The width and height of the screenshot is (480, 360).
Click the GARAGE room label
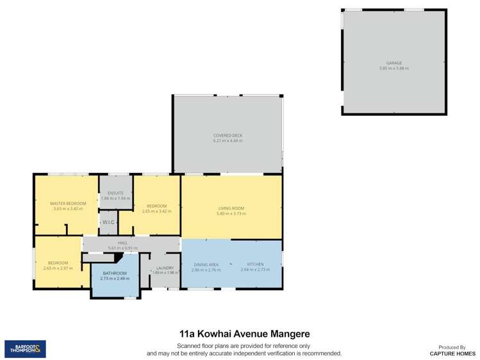393,63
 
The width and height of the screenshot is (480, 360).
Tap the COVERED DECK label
228,135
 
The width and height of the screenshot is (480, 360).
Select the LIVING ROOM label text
231,208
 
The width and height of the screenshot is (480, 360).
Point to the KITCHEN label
255,264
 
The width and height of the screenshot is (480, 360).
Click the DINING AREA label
206,265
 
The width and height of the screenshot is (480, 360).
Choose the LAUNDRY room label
165,268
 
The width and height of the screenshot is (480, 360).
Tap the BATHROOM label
115,273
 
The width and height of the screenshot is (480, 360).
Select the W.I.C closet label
108,222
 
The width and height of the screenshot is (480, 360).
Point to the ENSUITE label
115,193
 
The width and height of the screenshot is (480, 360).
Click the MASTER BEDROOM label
68,204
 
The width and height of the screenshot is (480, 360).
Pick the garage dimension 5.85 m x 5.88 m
393,68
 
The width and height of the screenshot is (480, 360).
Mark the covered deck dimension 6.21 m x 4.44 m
228,140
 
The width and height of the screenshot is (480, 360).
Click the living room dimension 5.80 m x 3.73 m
231,213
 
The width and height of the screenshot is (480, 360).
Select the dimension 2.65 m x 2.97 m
58,268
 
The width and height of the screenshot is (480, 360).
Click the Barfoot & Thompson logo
25,348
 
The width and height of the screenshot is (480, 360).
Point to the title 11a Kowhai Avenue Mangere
244,334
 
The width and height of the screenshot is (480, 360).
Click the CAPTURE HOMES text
452,353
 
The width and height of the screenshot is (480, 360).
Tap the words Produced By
452,347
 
